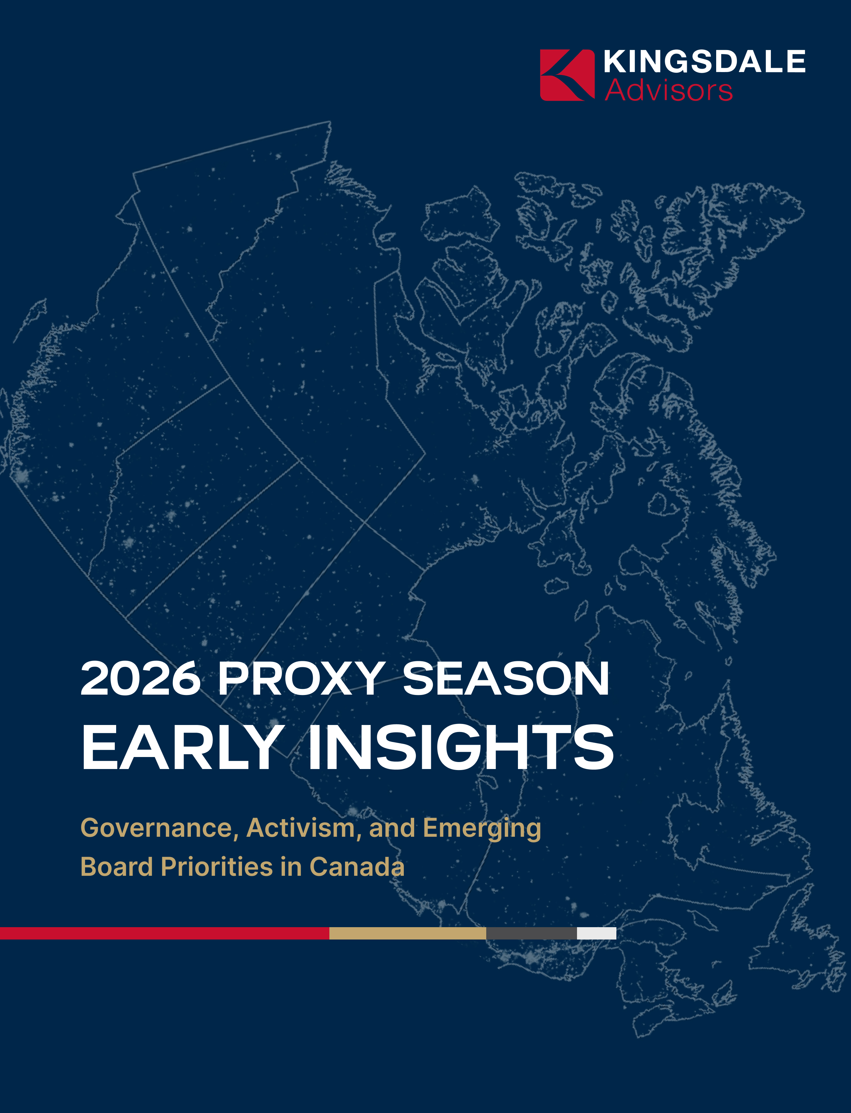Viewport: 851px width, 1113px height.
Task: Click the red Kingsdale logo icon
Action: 567,75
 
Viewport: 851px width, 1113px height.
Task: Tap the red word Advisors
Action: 669,90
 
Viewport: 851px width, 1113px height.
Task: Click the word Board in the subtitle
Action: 116,866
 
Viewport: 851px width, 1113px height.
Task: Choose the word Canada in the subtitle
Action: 357,866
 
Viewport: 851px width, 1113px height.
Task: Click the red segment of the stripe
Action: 165,933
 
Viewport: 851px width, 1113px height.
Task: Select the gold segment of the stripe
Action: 408,933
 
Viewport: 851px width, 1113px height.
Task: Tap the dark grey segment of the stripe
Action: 531,933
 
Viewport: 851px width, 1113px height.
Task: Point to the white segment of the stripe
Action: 597,933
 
